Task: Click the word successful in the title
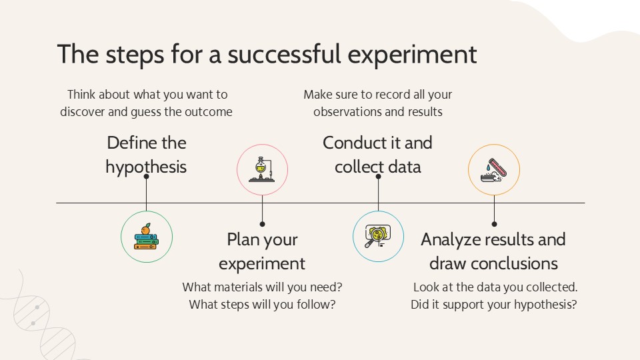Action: click(x=284, y=54)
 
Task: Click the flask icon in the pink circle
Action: click(x=262, y=169)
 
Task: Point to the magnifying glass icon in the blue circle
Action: click(x=378, y=236)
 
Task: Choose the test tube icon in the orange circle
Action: click(x=494, y=170)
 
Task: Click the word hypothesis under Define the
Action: click(x=146, y=167)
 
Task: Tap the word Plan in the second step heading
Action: click(x=239, y=239)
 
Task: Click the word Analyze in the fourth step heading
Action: click(x=447, y=240)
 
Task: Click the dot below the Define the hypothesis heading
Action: click(x=146, y=176)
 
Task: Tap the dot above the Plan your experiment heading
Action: click(x=262, y=224)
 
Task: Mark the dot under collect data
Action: click(x=379, y=176)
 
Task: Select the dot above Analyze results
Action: click(x=494, y=224)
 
